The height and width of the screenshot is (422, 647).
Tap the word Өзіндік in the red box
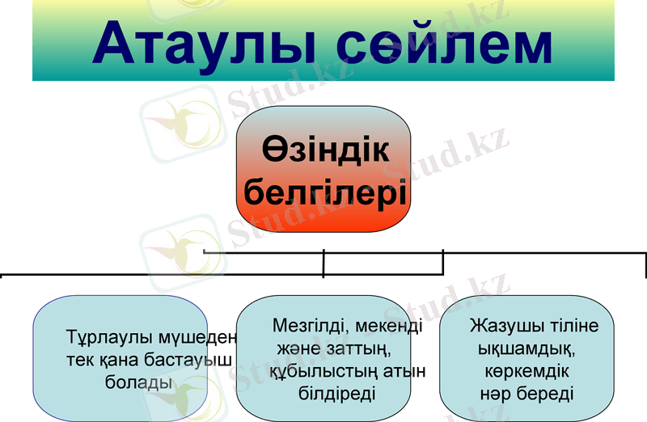click(325, 150)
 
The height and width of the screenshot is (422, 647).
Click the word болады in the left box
click(139, 382)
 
